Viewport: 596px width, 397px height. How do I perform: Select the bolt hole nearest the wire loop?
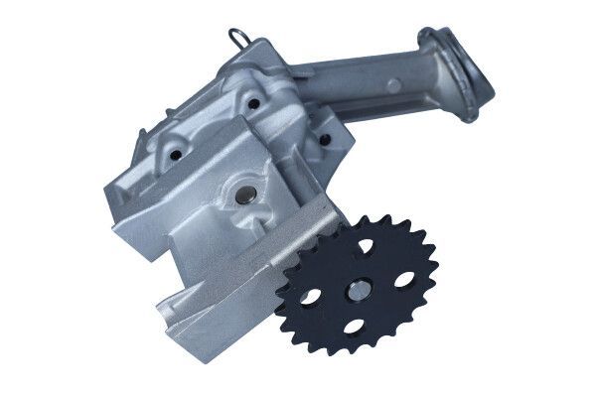[x=253, y=102]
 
